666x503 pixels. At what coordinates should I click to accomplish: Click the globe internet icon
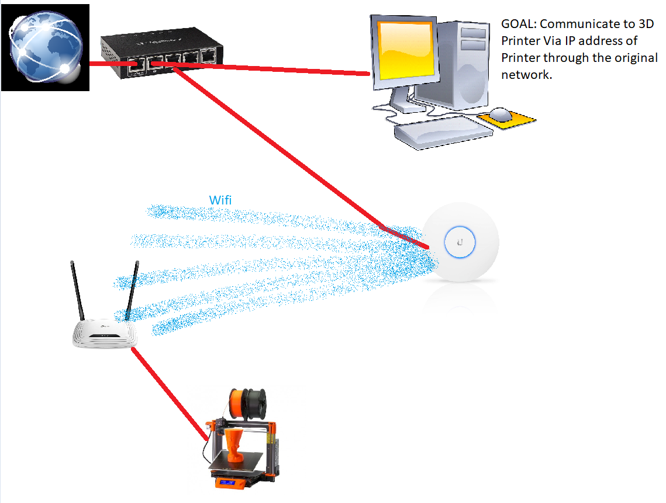pos(45,47)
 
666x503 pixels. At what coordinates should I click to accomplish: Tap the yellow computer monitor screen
pos(406,57)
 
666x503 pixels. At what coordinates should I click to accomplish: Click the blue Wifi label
pos(220,200)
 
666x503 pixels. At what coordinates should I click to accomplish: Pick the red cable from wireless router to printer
pos(170,392)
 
